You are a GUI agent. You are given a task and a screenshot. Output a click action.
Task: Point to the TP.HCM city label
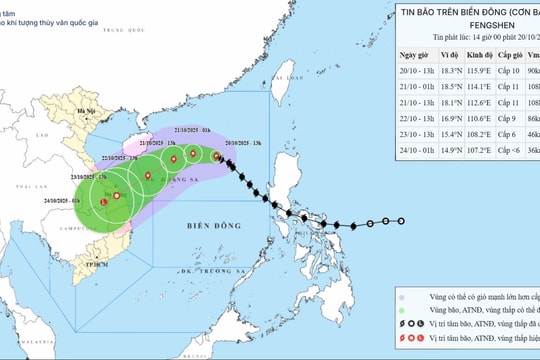96,265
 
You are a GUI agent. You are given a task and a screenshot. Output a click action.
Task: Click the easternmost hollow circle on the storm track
401,221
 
